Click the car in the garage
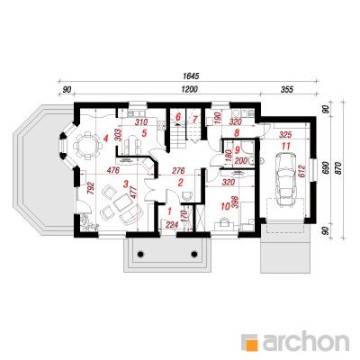click(x=285, y=179)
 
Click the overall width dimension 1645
click(x=191, y=76)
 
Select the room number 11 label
click(x=285, y=146)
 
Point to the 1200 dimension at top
click(x=189, y=89)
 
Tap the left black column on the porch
click(x=139, y=254)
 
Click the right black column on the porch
click(x=194, y=254)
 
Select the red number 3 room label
click(x=126, y=184)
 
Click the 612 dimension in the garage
click(x=301, y=172)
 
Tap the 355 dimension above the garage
click(x=287, y=89)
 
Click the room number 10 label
click(x=224, y=206)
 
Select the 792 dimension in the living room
click(x=91, y=188)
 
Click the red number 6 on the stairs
click(x=178, y=116)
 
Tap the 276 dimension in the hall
click(x=179, y=170)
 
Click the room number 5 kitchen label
click(x=144, y=133)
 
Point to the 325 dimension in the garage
click(x=285, y=134)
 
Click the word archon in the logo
click(x=306, y=341)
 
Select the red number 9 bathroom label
click(x=237, y=148)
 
